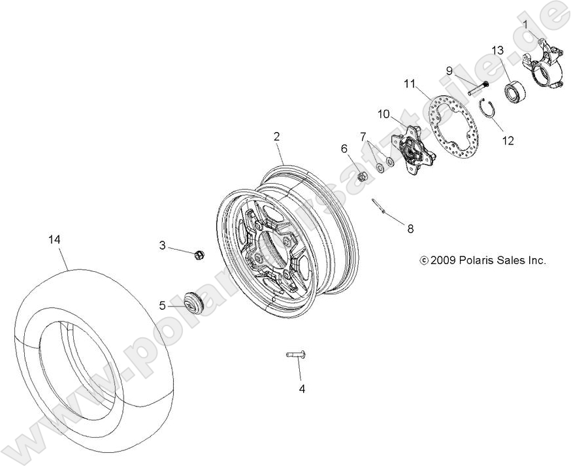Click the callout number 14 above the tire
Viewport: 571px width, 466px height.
(54, 240)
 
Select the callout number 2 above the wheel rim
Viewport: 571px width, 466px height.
(277, 136)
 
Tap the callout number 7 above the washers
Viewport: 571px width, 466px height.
(363, 136)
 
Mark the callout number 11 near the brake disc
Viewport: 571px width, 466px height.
(410, 83)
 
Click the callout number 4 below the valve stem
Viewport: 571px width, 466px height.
(302, 389)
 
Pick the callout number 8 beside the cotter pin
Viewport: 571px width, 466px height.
(410, 229)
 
